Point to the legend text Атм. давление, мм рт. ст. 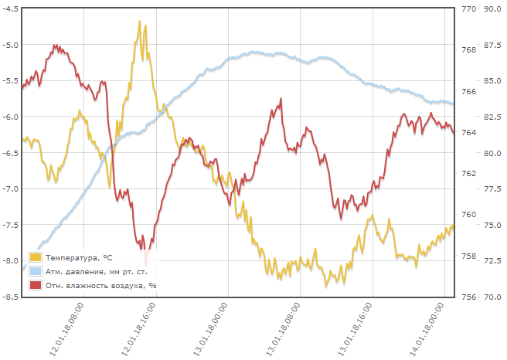(x=96, y=272)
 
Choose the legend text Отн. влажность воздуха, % (x=100, y=286)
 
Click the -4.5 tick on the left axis (x=11, y=9)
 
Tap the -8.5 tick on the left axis (x=11, y=297)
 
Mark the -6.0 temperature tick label (x=11, y=117)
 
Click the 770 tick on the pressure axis (x=468, y=9)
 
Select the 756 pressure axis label (x=468, y=297)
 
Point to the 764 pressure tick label (x=468, y=132)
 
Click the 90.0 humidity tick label (x=493, y=9)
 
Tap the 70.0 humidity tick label (x=493, y=297)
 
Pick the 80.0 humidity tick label (x=493, y=153)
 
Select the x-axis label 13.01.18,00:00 (x=209, y=329)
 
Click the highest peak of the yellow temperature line (x=140, y=22)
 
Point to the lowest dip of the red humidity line (x=144, y=249)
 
